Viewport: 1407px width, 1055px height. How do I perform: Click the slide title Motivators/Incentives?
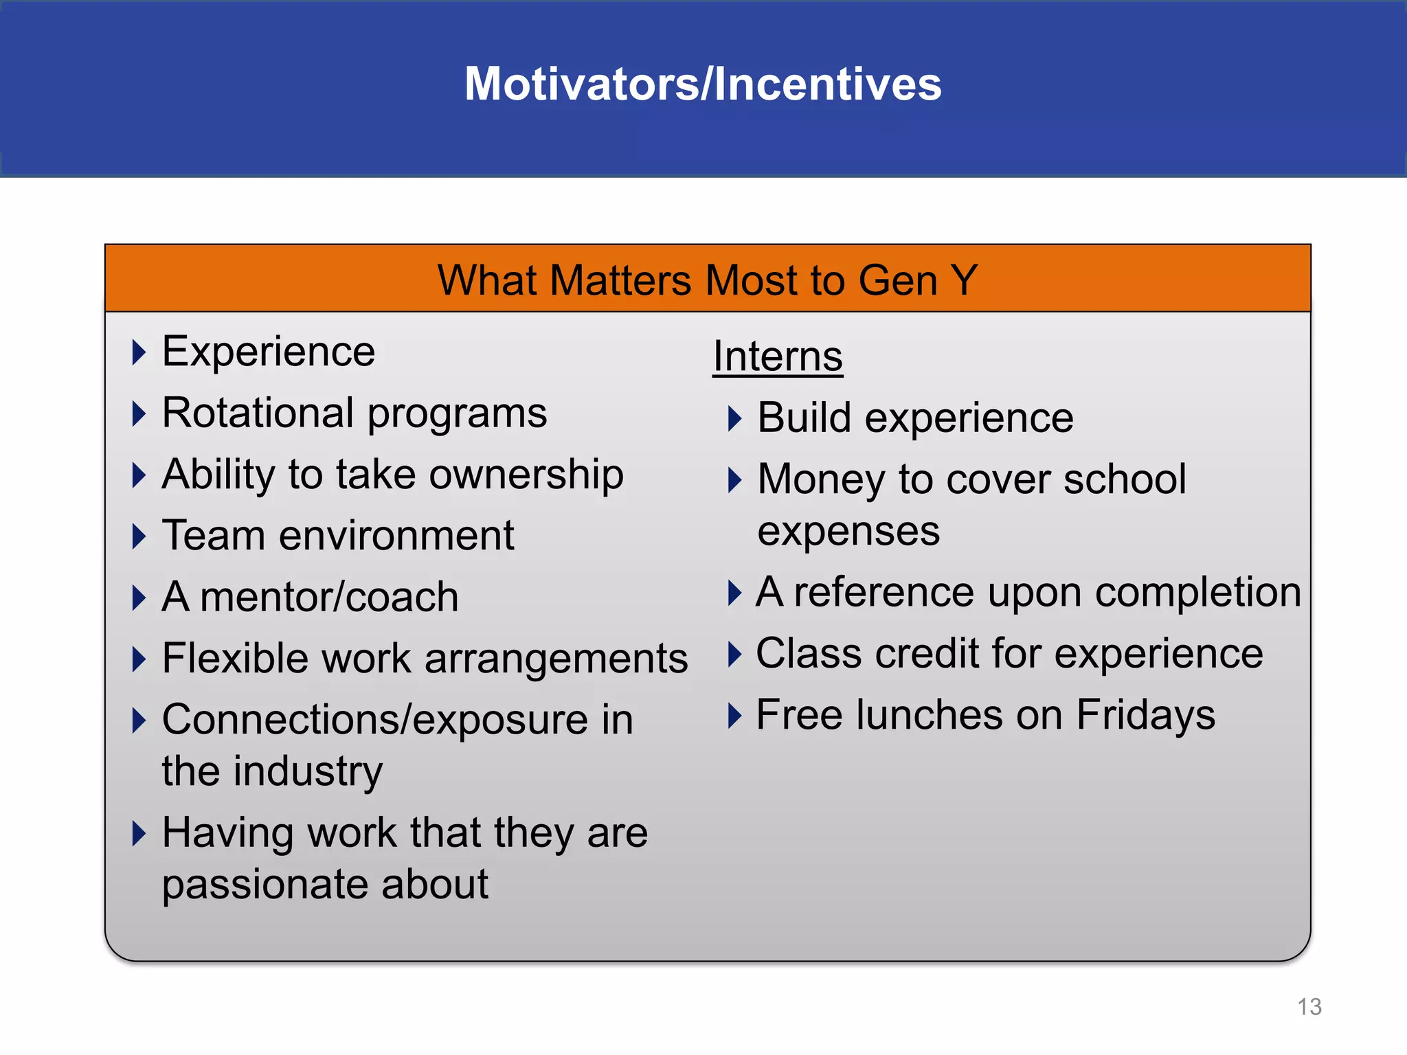click(x=703, y=84)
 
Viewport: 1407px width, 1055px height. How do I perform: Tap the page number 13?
click(x=1309, y=1007)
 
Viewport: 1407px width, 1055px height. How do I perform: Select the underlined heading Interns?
click(x=777, y=356)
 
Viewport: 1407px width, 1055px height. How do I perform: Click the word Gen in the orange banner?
click(x=897, y=280)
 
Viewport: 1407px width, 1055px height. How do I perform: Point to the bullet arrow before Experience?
click(x=139, y=352)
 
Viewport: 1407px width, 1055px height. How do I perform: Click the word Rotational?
click(x=258, y=413)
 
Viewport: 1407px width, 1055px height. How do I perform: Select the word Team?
click(x=214, y=536)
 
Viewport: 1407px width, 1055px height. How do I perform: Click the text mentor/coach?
click(x=330, y=597)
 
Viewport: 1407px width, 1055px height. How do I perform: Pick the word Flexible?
click(x=235, y=658)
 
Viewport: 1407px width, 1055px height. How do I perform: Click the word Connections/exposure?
click(x=375, y=720)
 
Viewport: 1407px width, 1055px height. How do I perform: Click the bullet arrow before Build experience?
click(x=734, y=418)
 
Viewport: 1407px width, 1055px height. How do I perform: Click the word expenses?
click(x=848, y=531)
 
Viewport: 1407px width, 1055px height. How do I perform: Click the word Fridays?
click(x=1145, y=715)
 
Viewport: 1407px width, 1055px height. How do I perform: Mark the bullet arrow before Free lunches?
click(x=734, y=716)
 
